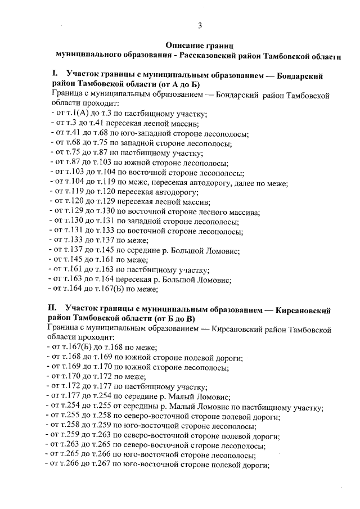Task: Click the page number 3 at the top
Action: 200,24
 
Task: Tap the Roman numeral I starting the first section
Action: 55,74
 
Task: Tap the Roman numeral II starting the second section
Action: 56,308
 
